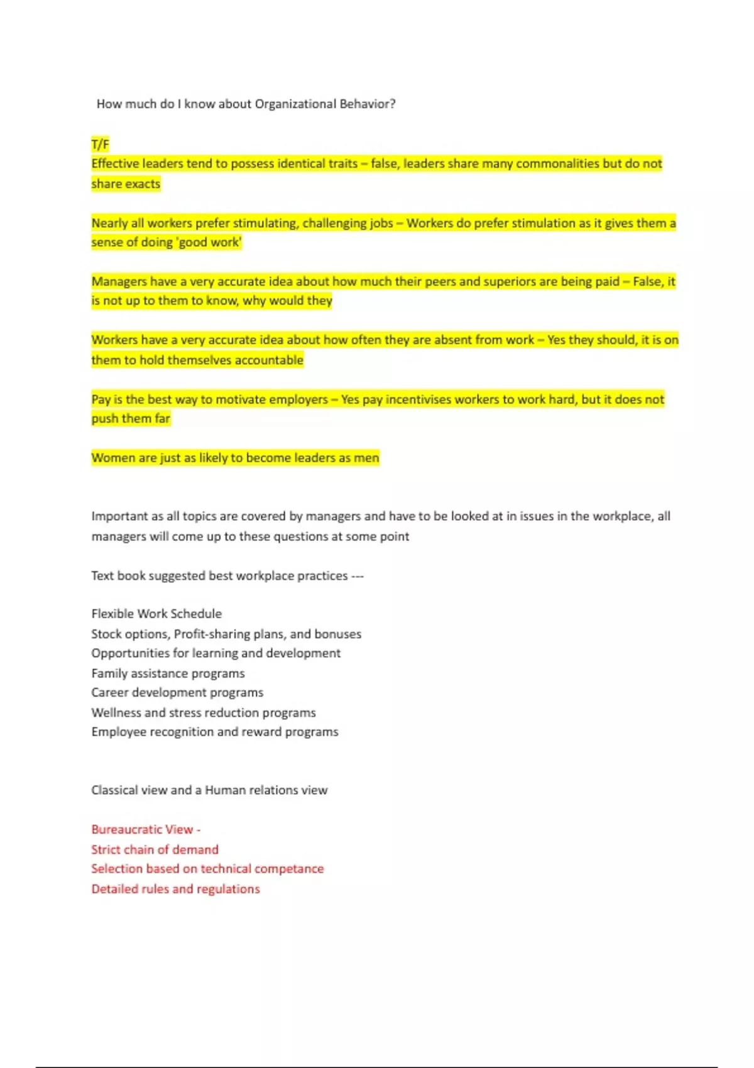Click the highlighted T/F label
click(x=100, y=144)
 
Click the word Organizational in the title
click(x=295, y=104)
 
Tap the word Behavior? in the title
click(x=368, y=104)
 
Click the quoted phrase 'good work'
click(x=210, y=242)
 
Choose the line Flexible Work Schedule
click(x=156, y=614)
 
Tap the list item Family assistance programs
click(x=168, y=673)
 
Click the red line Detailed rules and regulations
click(x=175, y=889)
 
